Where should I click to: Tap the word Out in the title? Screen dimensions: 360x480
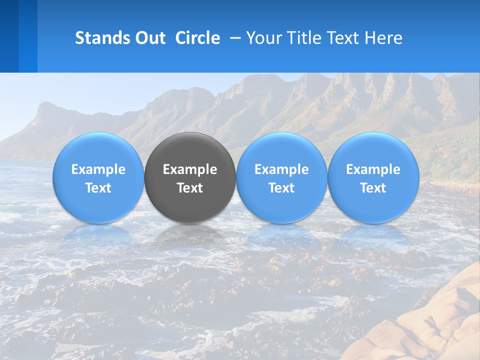[148, 38]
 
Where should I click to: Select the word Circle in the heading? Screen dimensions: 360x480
[197, 38]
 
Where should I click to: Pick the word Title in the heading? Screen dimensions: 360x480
[303, 38]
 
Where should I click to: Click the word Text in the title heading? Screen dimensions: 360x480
[345, 38]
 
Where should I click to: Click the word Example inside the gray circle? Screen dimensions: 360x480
[190, 169]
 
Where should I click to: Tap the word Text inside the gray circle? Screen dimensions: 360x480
[190, 188]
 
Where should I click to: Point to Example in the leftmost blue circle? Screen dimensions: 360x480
[98, 169]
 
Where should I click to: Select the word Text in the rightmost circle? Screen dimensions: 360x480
[373, 188]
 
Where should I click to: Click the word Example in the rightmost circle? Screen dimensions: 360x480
[373, 169]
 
